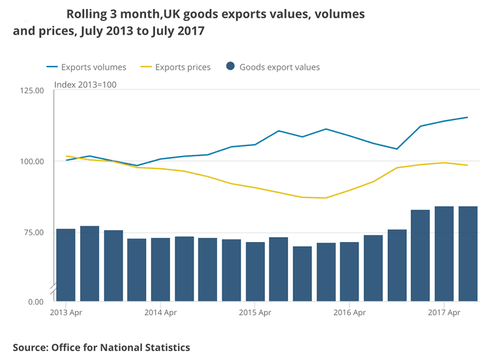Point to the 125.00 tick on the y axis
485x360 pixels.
(x=31, y=91)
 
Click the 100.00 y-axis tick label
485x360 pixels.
(x=31, y=161)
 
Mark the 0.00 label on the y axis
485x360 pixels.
(x=35, y=302)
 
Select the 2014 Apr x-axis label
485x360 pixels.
(x=160, y=313)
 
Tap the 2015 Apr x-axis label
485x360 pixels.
(x=255, y=313)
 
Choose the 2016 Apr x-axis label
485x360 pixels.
(x=349, y=313)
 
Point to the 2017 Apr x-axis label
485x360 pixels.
(x=444, y=313)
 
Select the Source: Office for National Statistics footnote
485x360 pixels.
(x=102, y=348)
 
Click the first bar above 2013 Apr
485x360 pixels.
(x=66, y=265)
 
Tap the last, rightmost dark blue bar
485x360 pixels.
(x=468, y=254)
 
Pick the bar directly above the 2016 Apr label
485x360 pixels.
(x=349, y=271)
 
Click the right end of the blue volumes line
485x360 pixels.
(x=467, y=117)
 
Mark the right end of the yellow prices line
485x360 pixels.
(x=467, y=165)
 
